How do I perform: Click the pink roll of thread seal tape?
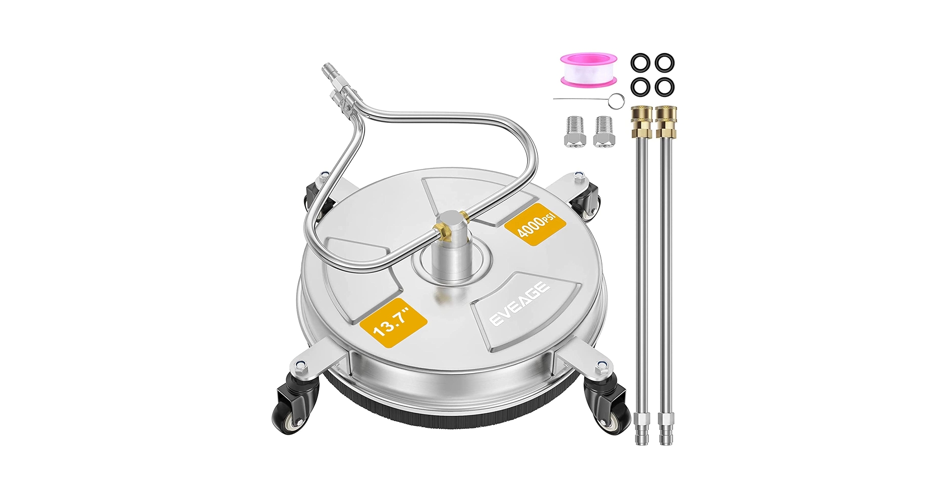pos(590,70)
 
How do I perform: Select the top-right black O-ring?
pos(664,63)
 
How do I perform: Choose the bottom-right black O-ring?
pos(664,87)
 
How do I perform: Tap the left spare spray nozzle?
pos(575,131)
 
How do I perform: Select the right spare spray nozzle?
pos(603,131)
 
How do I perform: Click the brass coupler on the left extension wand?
pos(641,124)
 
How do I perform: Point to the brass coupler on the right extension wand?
pos(666,124)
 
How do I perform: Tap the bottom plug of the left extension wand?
pos(641,427)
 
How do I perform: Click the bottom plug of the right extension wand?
pos(665,427)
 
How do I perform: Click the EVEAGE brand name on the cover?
pos(520,304)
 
